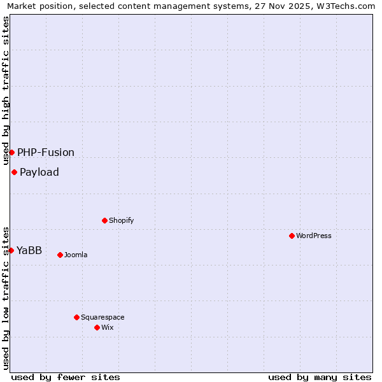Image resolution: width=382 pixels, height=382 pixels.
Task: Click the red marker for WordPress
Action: pyautogui.click(x=292, y=236)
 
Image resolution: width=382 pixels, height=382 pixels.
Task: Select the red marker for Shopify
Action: pyautogui.click(x=104, y=220)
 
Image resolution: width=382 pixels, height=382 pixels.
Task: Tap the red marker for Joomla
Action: pyautogui.click(x=60, y=255)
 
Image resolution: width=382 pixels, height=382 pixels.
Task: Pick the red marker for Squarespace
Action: pyautogui.click(x=76, y=317)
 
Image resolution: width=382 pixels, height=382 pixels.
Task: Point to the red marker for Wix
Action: pyautogui.click(x=97, y=327)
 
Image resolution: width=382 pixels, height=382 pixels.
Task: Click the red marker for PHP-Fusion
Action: pyautogui.click(x=11, y=152)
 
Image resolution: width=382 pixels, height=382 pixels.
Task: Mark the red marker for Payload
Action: pyautogui.click(x=14, y=172)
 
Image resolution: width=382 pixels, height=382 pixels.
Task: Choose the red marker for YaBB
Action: pyautogui.click(x=11, y=250)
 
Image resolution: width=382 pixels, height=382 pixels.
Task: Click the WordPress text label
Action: pyautogui.click(x=314, y=236)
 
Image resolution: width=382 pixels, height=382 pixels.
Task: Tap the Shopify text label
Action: pyautogui.click(x=122, y=220)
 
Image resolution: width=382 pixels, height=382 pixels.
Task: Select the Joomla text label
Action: pyautogui.click(x=76, y=255)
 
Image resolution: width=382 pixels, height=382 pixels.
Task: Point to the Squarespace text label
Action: pyautogui.click(x=103, y=317)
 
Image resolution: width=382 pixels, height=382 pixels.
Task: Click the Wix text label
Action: pyautogui.click(x=108, y=327)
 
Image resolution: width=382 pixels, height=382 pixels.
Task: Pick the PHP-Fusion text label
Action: pyautogui.click(x=46, y=152)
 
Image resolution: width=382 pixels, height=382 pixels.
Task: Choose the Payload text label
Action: pyautogui.click(x=39, y=172)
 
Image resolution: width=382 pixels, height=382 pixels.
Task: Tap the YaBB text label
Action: pyautogui.click(x=29, y=250)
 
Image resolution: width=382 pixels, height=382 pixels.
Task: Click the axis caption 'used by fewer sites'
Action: pyautogui.click(x=66, y=377)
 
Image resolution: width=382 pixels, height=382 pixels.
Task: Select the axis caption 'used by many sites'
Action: pyautogui.click(x=320, y=377)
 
